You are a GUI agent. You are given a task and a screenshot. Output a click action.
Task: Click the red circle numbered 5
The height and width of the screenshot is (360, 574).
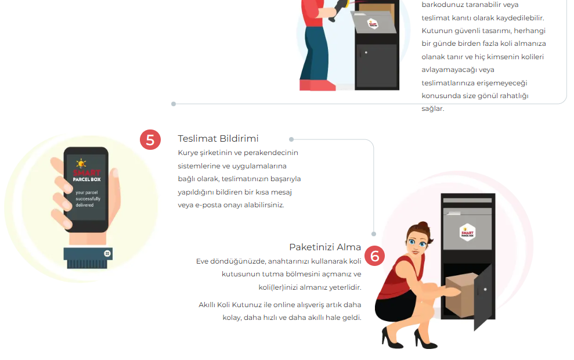click(x=150, y=139)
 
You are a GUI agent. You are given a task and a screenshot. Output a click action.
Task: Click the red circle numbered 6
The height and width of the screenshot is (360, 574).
click(x=374, y=255)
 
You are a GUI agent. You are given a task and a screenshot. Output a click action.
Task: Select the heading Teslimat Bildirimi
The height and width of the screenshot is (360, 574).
click(x=218, y=138)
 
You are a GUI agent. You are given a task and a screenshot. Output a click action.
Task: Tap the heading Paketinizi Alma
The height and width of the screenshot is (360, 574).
click(x=325, y=247)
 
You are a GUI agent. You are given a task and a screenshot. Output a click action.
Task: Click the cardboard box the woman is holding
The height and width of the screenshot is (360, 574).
click(x=460, y=295)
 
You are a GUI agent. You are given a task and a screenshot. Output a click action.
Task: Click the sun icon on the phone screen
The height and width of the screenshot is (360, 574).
click(x=81, y=163)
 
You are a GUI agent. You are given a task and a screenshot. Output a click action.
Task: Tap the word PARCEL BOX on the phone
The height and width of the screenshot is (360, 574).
click(x=86, y=179)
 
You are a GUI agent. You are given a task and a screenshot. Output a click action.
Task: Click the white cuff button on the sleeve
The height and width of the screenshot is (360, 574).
click(x=107, y=253)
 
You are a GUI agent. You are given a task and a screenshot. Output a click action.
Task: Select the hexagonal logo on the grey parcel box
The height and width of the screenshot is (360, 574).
click(x=467, y=232)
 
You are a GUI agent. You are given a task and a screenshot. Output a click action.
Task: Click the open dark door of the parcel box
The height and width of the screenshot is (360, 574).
click(x=483, y=297)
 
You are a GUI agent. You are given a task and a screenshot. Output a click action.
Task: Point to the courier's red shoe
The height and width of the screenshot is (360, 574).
click(x=317, y=85)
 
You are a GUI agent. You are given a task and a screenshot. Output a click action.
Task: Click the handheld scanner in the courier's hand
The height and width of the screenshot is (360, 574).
click(x=338, y=10)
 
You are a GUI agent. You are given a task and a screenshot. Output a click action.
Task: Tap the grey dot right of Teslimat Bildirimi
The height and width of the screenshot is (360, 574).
click(x=291, y=139)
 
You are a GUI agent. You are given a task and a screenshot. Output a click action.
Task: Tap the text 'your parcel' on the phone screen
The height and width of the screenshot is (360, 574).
click(x=86, y=193)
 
